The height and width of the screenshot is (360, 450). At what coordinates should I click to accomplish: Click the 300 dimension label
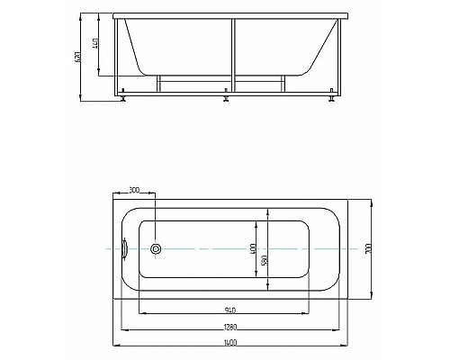coord(134,190)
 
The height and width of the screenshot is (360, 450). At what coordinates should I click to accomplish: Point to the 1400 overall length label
coord(230,343)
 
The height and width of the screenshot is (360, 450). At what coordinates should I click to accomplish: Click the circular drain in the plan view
coord(157,248)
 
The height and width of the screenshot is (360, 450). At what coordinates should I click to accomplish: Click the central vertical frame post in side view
coord(233,54)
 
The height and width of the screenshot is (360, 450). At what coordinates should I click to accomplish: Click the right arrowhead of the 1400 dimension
coord(346,347)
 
